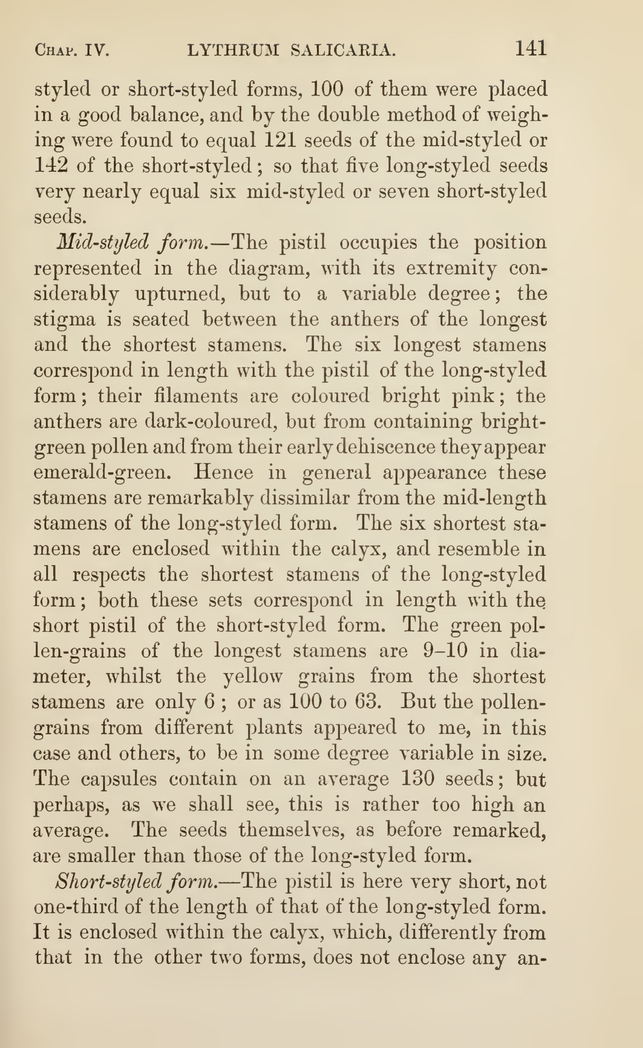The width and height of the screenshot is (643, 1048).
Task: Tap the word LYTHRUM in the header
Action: (233, 51)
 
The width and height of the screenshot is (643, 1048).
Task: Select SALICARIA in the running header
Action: (343, 51)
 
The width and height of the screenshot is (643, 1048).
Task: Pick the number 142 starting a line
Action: (50, 165)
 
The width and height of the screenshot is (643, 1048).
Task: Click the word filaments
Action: (196, 396)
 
